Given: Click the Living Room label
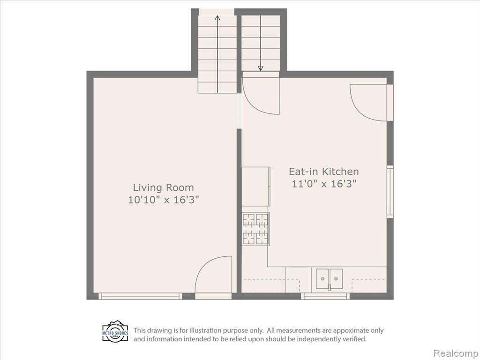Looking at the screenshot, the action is (x=163, y=187).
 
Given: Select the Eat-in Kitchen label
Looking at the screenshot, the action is (x=323, y=171).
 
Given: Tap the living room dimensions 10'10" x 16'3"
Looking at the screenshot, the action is (x=164, y=200).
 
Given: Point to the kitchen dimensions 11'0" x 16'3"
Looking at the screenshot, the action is (x=324, y=184).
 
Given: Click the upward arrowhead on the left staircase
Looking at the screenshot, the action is (x=217, y=18).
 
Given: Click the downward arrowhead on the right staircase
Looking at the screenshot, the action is (x=261, y=68).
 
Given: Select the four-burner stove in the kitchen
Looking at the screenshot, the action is (x=255, y=229).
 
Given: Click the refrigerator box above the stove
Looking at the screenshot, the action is (x=256, y=187).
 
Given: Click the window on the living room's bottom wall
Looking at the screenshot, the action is (x=140, y=296).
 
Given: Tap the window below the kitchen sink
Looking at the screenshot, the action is (x=325, y=296).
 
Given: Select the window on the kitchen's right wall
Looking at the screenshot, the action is (x=390, y=192).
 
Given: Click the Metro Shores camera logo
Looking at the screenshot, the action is (x=115, y=331).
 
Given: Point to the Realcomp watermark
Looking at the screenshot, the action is (x=456, y=353).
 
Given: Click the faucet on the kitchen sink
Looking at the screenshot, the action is (x=330, y=287).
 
